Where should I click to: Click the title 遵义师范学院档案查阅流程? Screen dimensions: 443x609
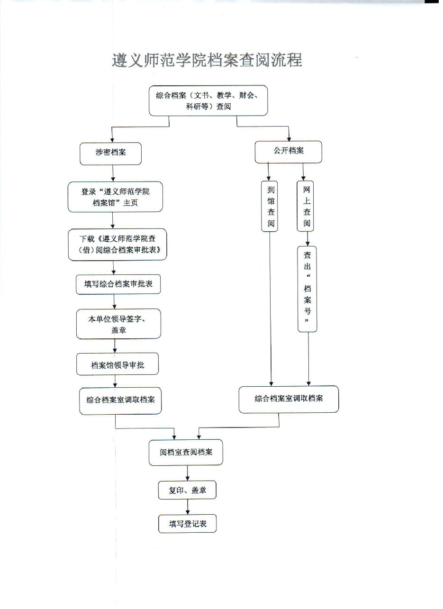pos(207,60)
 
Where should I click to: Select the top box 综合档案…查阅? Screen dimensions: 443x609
pos(208,100)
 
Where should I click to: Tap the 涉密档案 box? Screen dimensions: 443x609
pos(110,154)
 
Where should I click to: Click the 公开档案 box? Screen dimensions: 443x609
pos(289,152)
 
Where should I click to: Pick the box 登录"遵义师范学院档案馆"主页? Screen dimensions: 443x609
pos(115,197)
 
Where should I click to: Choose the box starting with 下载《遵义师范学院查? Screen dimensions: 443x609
pos(118,245)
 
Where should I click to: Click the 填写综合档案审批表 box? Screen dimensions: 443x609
pos(118,284)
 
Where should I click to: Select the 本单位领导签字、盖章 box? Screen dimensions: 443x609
pos(118,324)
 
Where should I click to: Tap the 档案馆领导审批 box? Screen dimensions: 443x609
pos(118,364)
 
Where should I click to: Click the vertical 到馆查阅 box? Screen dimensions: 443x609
pos(270,206)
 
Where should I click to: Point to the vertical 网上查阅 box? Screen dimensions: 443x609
pos(305,206)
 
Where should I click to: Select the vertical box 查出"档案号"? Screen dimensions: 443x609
pos(307,289)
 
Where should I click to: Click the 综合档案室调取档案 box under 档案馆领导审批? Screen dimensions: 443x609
pos(120,401)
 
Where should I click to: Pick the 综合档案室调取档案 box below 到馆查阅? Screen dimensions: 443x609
pos(289,399)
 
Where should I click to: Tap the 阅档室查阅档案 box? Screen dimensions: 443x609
pos(186,452)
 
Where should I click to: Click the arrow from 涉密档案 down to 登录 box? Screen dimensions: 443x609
pos(113,173)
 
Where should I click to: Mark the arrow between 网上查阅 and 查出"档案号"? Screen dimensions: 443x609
pos(307,239)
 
